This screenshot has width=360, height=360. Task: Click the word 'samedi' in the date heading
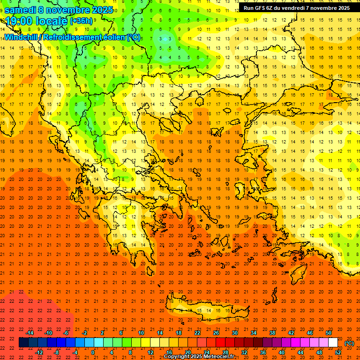click(20, 10)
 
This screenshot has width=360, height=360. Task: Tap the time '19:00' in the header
click(21, 21)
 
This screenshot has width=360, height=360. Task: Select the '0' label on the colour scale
click(93, 352)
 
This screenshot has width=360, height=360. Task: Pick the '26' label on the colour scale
click(216, 333)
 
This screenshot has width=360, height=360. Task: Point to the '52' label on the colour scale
click(338, 352)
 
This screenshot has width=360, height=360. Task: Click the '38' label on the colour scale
click(272, 333)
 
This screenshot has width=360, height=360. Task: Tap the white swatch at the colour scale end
click(333, 343)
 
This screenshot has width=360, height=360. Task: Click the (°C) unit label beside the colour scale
click(349, 343)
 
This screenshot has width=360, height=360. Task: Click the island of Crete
click(206, 310)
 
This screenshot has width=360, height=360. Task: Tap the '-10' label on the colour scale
click(48, 333)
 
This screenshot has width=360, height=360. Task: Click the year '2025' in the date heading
click(102, 10)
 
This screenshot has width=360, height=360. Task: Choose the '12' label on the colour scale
click(150, 352)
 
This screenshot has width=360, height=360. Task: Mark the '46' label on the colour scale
click(310, 333)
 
